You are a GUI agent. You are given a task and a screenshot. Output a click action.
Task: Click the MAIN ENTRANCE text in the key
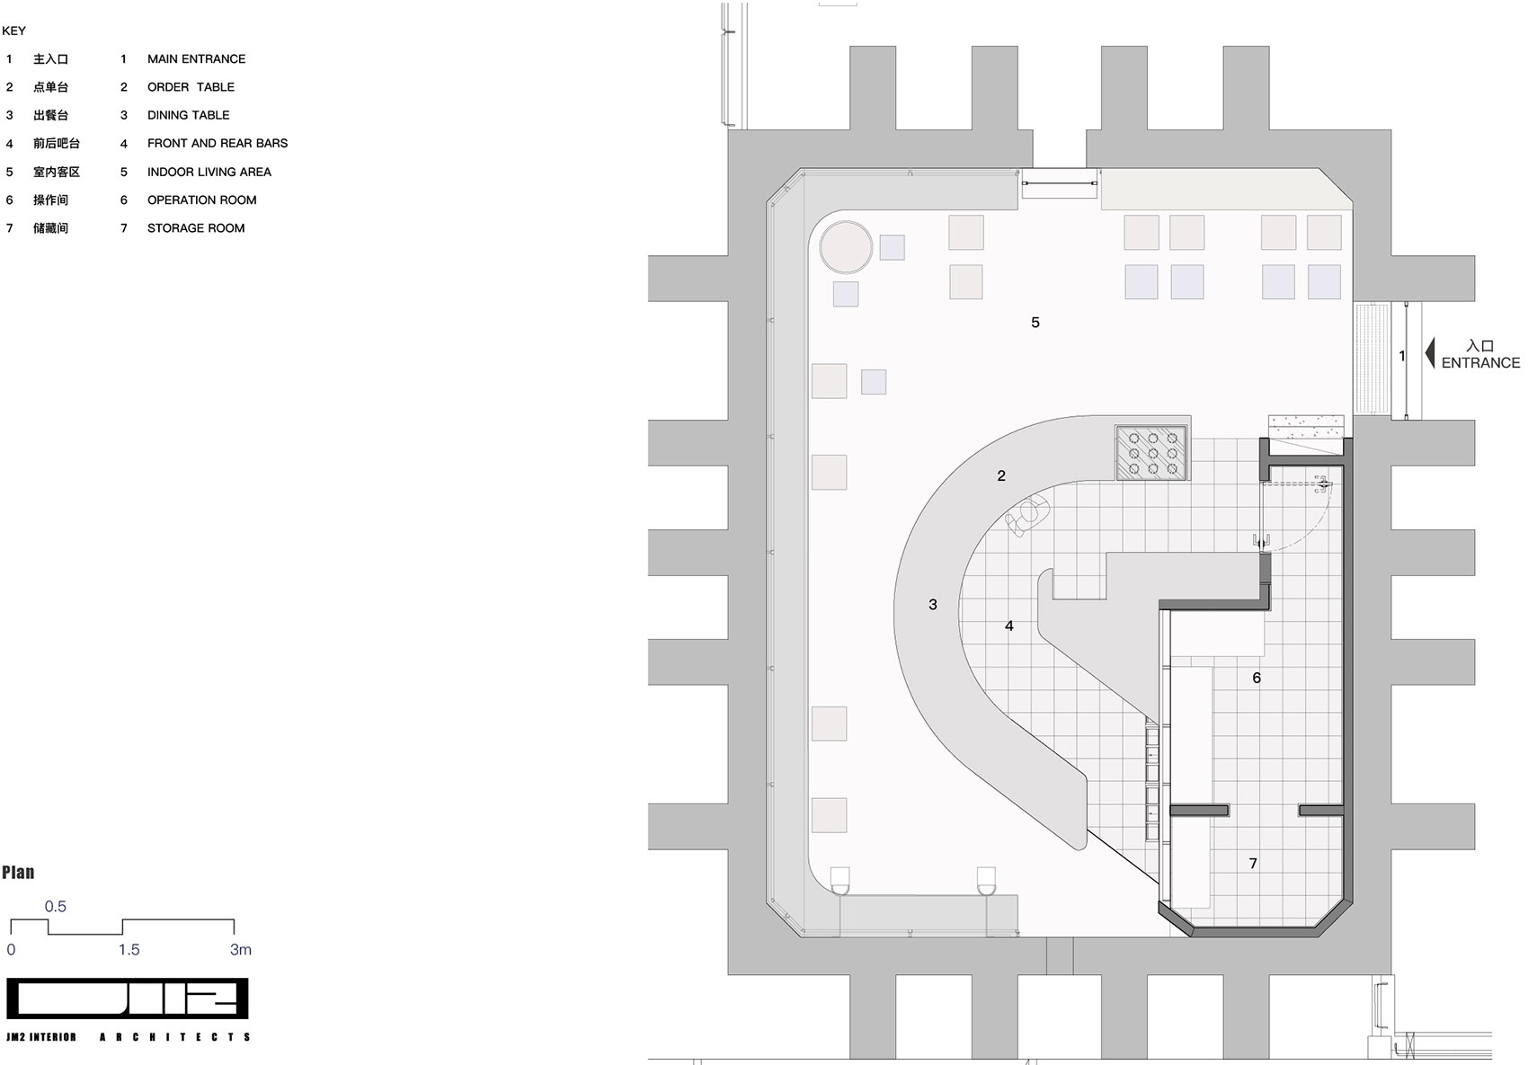(197, 59)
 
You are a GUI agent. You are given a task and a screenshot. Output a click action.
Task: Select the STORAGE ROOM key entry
(196, 228)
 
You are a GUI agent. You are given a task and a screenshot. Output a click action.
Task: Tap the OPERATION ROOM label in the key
(202, 200)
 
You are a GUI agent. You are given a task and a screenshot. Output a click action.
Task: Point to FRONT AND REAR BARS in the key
(218, 143)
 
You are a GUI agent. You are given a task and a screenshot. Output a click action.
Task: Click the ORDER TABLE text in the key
(191, 87)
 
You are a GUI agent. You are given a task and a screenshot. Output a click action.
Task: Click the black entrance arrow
(1430, 353)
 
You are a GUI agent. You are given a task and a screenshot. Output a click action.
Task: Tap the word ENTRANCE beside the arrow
(1480, 363)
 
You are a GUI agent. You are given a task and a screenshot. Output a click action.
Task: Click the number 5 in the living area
(1035, 323)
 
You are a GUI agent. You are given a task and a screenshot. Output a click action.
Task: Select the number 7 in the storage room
(1253, 864)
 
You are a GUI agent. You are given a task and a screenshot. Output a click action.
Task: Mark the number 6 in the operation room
(1257, 679)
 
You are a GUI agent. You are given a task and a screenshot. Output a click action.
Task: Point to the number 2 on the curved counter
(1001, 476)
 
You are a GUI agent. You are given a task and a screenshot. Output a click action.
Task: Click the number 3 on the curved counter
(932, 605)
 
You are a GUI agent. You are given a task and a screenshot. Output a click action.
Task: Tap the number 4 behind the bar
(1008, 626)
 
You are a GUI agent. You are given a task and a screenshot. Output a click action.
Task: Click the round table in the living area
(846, 247)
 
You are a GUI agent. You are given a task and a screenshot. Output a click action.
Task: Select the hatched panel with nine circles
(1151, 452)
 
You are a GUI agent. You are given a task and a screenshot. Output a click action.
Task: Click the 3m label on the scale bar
(241, 950)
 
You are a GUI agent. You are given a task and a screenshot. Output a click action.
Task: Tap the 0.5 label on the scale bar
(55, 907)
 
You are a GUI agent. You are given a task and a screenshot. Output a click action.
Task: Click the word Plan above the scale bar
(18, 873)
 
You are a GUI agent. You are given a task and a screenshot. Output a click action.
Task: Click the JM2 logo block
(128, 998)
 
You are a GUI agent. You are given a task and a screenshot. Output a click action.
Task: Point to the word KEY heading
(13, 31)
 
